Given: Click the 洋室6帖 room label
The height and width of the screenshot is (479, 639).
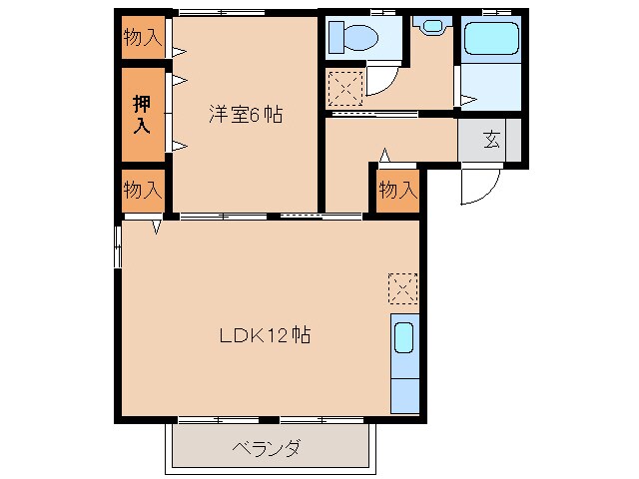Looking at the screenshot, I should pos(246,115).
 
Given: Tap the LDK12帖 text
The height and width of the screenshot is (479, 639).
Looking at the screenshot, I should pos(266,335).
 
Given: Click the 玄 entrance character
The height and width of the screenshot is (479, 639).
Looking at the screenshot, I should pos(491,140).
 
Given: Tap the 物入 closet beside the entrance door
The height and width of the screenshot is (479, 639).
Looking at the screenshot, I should pos(398,190).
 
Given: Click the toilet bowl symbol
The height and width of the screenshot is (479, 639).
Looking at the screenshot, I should pos(354,38).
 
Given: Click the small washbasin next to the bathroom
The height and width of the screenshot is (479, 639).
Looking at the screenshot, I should pos(432,25).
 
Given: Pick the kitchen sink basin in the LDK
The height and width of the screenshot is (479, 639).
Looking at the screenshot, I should pos(404,337).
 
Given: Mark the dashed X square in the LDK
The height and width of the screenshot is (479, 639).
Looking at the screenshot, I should pos(402,289).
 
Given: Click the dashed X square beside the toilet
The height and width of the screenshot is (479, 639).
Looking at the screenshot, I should pos(344,89).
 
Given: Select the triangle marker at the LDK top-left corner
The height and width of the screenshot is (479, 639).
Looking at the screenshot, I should pos(158,227).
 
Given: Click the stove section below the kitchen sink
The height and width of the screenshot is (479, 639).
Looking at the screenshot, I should pos(404,392).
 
